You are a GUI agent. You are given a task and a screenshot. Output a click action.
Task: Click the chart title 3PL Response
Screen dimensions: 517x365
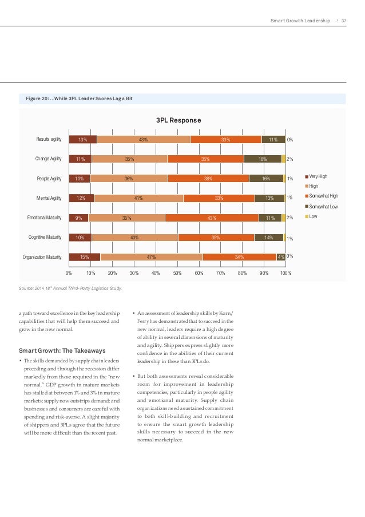pyautogui.click(x=178, y=121)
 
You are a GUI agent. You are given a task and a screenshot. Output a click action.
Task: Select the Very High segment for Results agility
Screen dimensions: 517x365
pyautogui.click(x=82, y=139)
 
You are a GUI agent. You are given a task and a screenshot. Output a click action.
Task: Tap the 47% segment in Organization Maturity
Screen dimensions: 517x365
pyautogui.click(x=152, y=257)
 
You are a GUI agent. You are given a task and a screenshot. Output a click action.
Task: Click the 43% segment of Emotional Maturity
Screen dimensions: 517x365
pyautogui.click(x=212, y=218)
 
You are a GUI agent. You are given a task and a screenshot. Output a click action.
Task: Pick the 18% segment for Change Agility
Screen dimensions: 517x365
pyautogui.click(x=263, y=159)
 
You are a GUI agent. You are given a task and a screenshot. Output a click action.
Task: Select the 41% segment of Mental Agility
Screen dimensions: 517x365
pyautogui.click(x=138, y=198)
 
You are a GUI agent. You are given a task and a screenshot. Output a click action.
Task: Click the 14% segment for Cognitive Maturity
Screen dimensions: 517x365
pyautogui.click(x=268, y=238)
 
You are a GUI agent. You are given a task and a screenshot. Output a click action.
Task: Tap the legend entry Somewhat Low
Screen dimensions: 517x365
pyautogui.click(x=323, y=206)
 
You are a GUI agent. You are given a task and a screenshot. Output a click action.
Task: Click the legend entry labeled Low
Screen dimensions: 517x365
pyautogui.click(x=314, y=216)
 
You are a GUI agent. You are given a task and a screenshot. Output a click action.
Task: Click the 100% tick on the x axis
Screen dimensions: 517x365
pyautogui.click(x=286, y=273)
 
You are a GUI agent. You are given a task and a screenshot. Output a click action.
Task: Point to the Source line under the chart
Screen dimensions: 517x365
pyautogui.click(x=70, y=288)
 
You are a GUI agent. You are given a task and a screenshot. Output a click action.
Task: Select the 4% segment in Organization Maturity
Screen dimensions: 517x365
pyautogui.click(x=281, y=257)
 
